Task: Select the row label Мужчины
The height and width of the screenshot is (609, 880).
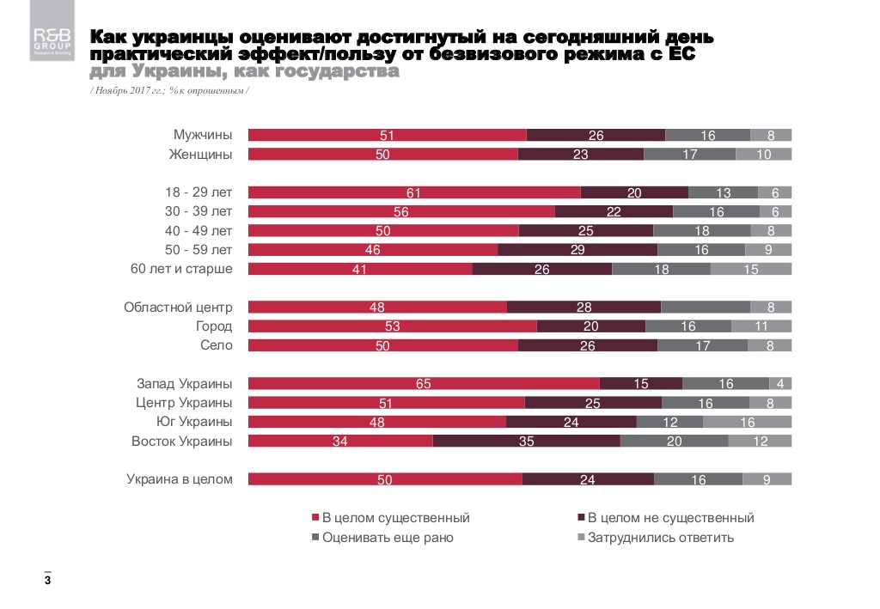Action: [x=203, y=135]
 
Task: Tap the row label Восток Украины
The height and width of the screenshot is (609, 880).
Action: [x=181, y=442]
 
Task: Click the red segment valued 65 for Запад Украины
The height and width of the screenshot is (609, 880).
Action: [x=424, y=384]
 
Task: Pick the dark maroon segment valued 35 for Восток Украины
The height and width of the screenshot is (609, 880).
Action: [x=526, y=442]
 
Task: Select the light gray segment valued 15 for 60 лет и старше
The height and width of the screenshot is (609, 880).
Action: [x=750, y=269]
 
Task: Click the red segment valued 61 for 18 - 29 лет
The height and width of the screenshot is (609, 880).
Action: [x=414, y=192]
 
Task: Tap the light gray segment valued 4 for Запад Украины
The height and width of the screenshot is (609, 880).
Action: [x=780, y=384]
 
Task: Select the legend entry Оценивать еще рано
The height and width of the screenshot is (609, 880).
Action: [x=388, y=538]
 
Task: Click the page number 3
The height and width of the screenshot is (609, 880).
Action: [x=47, y=582]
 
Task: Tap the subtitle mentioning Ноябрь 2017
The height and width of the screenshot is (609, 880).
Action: [x=169, y=90]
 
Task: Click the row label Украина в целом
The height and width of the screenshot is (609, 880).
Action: [x=180, y=479]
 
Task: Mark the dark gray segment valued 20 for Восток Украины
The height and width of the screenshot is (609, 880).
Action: [x=674, y=442]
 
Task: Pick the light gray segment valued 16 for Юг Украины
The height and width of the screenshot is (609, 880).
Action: [x=747, y=422]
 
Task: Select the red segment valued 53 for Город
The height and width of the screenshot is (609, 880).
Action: [x=392, y=326]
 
